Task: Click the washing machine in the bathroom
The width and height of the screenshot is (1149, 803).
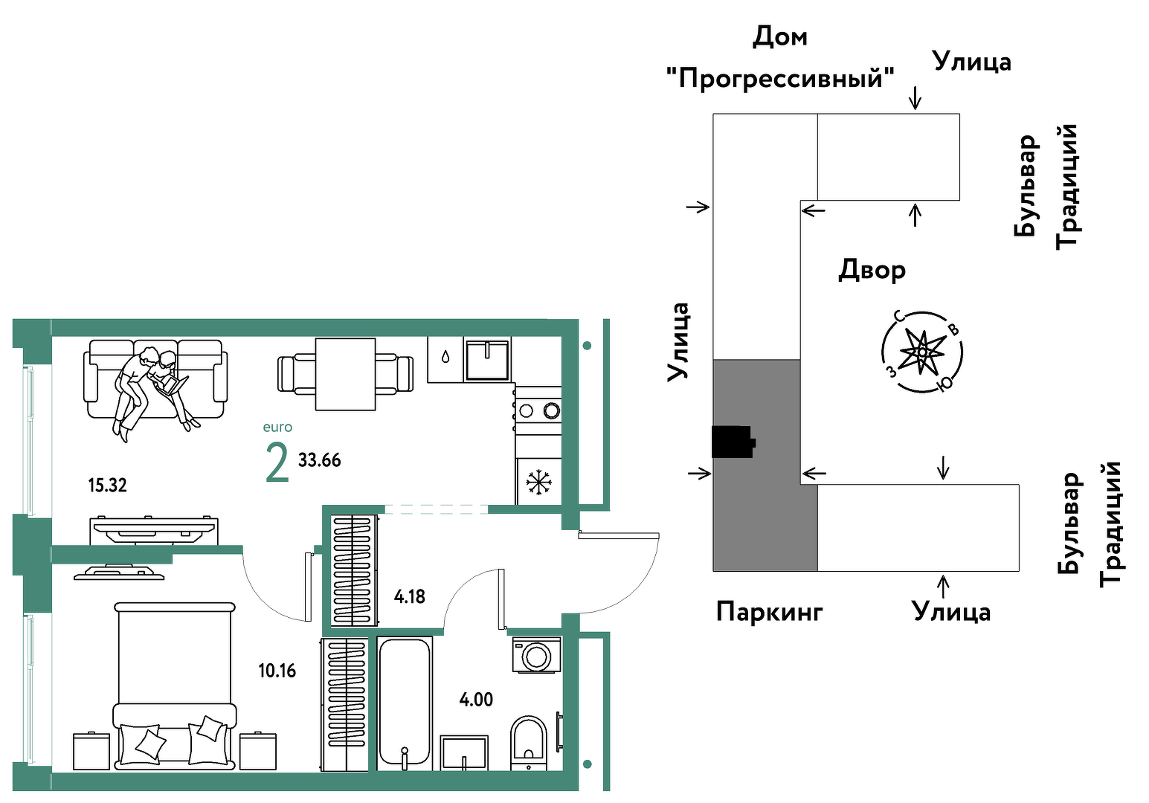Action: (536, 655)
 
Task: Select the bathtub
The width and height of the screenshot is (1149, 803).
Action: (405, 703)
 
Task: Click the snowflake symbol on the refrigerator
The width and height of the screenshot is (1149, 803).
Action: (538, 483)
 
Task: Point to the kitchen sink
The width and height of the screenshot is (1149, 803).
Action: (487, 359)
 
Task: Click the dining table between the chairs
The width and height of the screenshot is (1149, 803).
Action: (345, 374)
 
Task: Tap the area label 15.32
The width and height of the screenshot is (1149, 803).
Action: (107, 485)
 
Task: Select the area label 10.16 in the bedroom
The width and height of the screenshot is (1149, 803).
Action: (277, 671)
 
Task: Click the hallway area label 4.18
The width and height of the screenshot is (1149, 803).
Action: (409, 596)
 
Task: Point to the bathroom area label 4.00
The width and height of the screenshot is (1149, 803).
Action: (476, 700)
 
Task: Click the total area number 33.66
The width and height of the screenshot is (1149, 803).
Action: (320, 460)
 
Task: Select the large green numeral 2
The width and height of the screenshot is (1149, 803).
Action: (277, 462)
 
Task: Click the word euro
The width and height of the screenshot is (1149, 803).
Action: (277, 427)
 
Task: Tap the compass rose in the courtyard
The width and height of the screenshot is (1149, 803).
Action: (921, 352)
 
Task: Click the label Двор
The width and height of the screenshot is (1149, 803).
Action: (872, 270)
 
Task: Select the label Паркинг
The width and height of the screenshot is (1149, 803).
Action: (770, 612)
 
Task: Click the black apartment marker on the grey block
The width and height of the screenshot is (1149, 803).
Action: (733, 442)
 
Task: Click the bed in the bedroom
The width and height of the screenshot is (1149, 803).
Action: (175, 686)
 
